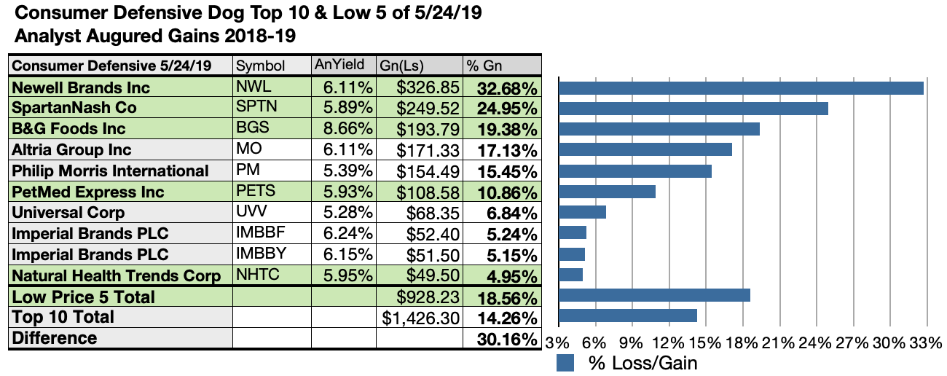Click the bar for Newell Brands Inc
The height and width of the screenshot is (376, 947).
[741, 87]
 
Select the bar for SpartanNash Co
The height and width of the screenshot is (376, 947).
[693, 109]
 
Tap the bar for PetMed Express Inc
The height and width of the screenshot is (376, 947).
[607, 192]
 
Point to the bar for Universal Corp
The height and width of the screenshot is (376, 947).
[582, 212]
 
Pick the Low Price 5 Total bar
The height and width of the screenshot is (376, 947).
[654, 295]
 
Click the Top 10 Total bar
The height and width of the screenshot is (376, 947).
[627, 316]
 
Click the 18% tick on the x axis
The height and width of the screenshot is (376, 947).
[742, 342]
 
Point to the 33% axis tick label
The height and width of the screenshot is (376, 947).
[927, 342]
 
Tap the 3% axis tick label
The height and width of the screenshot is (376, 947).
[558, 342]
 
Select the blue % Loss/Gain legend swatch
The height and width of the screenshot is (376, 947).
[566, 363]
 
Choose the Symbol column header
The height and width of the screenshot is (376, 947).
[260, 66]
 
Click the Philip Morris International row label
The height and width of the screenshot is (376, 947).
[111, 171]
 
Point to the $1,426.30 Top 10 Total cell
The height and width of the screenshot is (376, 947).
[421, 318]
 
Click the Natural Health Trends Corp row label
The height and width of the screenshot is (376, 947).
[117, 276]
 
